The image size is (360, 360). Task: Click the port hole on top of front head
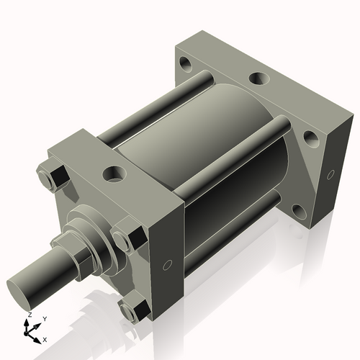coord(114,174)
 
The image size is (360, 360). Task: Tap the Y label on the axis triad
coord(45,318)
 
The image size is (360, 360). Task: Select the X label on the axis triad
coord(45,338)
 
